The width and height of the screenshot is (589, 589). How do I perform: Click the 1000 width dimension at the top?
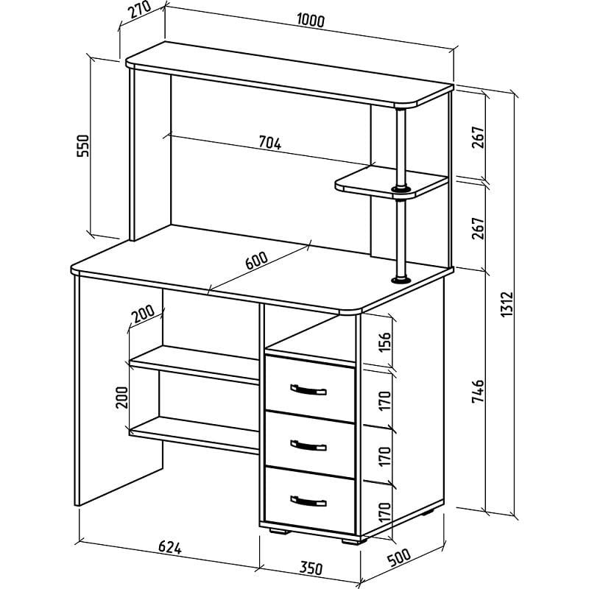(310, 21)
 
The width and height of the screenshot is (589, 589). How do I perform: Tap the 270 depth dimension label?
(139, 10)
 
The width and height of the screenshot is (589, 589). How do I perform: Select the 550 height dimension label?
(83, 146)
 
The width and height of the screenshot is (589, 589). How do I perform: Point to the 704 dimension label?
(270, 143)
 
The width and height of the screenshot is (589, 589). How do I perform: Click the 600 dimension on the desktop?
(257, 261)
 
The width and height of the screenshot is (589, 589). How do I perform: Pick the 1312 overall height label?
(507, 304)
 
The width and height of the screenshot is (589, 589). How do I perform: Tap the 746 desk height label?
(478, 392)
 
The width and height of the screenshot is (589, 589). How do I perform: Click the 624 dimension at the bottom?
(170, 547)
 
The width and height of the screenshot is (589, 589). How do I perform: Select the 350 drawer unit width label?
(311, 568)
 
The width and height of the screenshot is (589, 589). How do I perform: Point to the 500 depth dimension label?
(399, 557)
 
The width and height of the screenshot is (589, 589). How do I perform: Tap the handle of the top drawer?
(308, 390)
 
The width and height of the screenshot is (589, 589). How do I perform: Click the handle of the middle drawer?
(308, 445)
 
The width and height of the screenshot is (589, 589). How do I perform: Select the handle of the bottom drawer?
(308, 501)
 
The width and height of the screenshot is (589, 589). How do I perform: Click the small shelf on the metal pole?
(392, 182)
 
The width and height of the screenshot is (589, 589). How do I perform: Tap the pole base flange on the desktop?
(401, 280)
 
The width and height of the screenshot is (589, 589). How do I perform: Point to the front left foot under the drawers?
(280, 531)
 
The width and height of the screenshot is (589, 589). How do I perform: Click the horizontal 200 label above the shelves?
(143, 314)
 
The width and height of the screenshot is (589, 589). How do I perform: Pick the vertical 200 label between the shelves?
(121, 398)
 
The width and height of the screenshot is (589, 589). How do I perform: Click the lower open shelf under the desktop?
(194, 434)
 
